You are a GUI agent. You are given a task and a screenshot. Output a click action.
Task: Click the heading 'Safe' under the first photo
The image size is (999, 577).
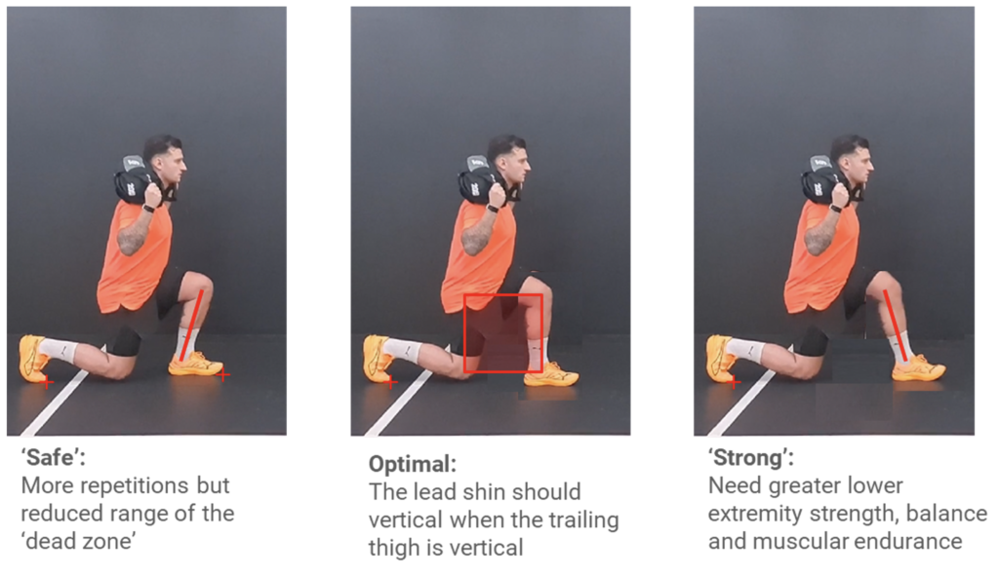tap(53, 457)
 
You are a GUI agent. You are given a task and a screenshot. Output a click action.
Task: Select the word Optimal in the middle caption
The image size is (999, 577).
tap(413, 464)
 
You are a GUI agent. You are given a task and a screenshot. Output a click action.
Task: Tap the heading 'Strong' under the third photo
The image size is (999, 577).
tap(751, 457)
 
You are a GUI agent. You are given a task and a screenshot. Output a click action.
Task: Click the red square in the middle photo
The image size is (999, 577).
tap(503, 295)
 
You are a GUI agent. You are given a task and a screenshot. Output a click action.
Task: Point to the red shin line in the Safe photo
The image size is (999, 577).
tap(191, 327)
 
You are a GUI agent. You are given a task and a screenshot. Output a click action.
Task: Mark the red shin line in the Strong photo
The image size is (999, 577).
tap(895, 326)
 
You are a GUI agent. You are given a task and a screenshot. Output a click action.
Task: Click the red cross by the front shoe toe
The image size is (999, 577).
tap(222, 376)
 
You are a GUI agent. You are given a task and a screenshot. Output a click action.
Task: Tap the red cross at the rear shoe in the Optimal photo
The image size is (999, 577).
tap(391, 382)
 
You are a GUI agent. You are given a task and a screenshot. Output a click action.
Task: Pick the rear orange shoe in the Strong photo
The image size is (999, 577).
tap(724, 360)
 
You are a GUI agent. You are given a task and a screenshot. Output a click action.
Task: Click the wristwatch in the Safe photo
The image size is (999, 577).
tap(148, 207)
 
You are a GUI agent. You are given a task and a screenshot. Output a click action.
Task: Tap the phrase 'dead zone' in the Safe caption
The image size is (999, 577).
tap(79, 541)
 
